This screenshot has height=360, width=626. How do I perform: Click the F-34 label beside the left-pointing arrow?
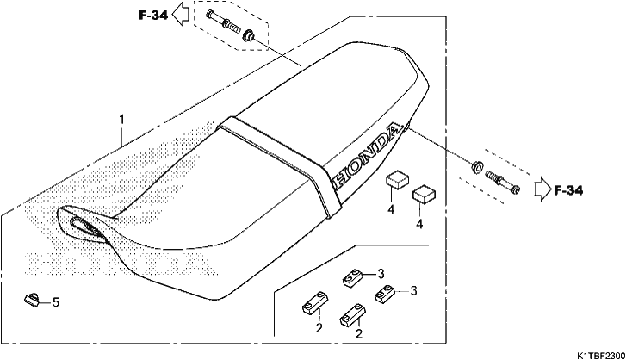pyautogui.click(x=154, y=16)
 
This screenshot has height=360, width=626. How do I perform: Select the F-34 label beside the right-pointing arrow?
pyautogui.click(x=568, y=191)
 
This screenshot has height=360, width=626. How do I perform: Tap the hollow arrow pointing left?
pyautogui.click(x=181, y=14)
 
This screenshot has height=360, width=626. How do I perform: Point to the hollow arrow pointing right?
pyautogui.click(x=542, y=189)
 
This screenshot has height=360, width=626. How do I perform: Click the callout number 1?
pyautogui.click(x=122, y=120)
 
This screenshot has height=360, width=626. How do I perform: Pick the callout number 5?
pyautogui.click(x=56, y=302)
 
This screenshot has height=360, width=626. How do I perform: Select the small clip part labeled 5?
pyautogui.click(x=33, y=299)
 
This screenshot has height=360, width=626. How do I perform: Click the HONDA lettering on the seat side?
pyautogui.click(x=366, y=157)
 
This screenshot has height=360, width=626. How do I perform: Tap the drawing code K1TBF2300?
pyautogui.click(x=601, y=355)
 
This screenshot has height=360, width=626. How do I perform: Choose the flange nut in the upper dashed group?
pyautogui.click(x=248, y=35)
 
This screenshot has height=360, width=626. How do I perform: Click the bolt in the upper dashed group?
pyautogui.click(x=223, y=22)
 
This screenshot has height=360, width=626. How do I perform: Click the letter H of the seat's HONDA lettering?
pyautogui.click(x=340, y=178)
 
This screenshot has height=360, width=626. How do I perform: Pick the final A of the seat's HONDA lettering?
pyautogui.click(x=395, y=131)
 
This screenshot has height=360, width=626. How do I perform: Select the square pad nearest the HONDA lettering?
pyautogui.click(x=397, y=180)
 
